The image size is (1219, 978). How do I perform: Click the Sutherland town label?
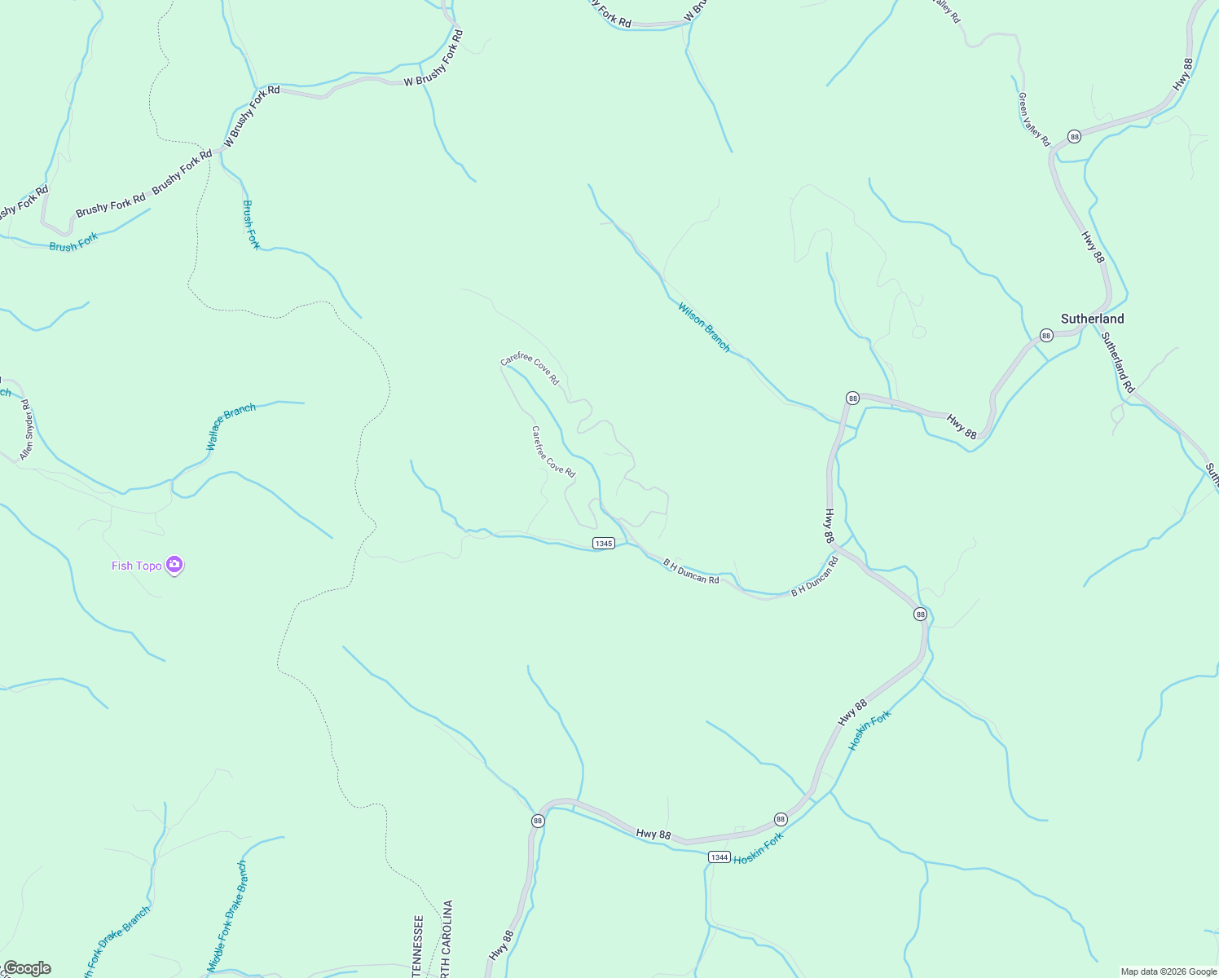(x=1092, y=319)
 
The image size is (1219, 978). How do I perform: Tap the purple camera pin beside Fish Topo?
(x=174, y=565)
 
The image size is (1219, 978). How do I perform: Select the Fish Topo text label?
(x=137, y=566)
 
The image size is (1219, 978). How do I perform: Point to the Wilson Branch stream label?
(x=704, y=327)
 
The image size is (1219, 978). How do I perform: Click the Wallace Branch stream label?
(x=231, y=426)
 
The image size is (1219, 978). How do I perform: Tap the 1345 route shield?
(x=603, y=544)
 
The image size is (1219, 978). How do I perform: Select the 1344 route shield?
(x=719, y=857)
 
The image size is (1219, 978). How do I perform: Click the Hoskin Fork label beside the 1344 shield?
(x=758, y=848)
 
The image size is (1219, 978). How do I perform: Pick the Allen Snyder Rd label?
(x=26, y=430)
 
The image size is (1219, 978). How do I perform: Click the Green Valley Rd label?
(x=1033, y=119)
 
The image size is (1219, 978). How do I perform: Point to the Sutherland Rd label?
(x=1117, y=362)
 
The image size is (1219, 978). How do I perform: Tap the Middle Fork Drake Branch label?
(x=227, y=916)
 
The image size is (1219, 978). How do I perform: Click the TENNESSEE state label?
(x=418, y=945)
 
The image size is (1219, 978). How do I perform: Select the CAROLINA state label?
(x=447, y=937)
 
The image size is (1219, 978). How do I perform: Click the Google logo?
(x=27, y=968)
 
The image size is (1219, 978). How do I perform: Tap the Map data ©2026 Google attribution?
(x=1168, y=971)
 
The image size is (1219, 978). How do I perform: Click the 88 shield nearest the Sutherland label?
(x=1046, y=336)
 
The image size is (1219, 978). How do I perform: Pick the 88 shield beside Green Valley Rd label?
(x=1075, y=137)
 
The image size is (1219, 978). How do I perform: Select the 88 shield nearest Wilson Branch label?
(x=852, y=398)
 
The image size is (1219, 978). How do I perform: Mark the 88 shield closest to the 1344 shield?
(x=781, y=819)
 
